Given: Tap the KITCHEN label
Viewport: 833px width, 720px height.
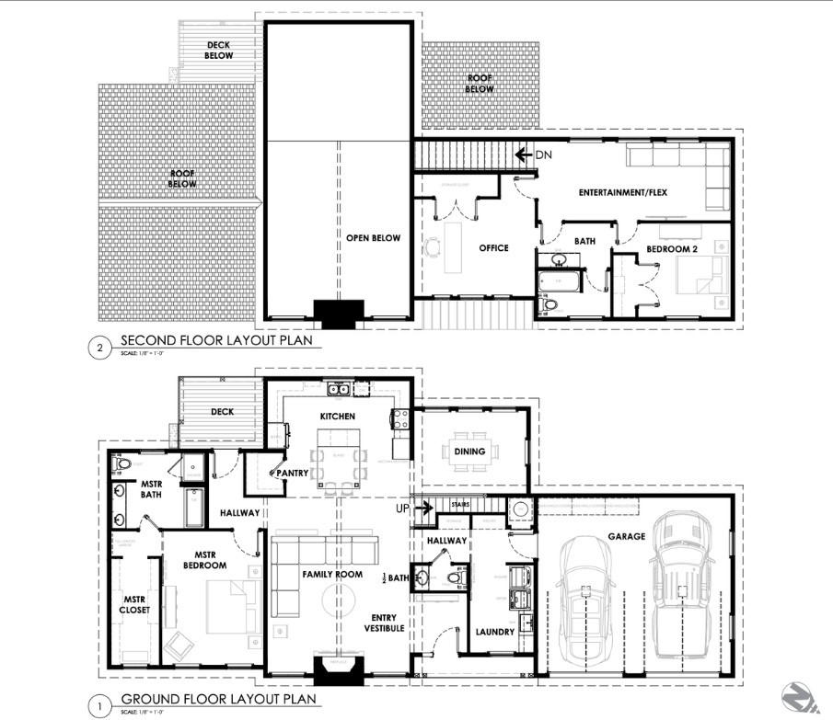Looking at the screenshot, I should (x=337, y=417).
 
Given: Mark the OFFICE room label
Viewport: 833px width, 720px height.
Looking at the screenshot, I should (x=493, y=247).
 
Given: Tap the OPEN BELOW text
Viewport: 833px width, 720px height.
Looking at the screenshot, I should (x=373, y=237).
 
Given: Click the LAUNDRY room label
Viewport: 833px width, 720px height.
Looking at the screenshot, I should (x=495, y=632).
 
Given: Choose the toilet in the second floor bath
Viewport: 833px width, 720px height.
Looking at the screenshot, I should (x=550, y=304).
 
